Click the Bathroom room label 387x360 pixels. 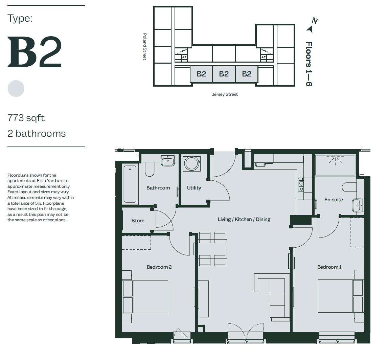pyautogui.click(x=158, y=188)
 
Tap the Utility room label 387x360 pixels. pyautogui.click(x=194, y=188)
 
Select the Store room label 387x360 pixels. pyautogui.click(x=138, y=221)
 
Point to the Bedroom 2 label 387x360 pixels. pyautogui.click(x=159, y=267)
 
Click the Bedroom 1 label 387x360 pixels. pyautogui.click(x=329, y=267)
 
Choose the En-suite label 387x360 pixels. pyautogui.click(x=334, y=200)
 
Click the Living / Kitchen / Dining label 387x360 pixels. pyautogui.click(x=244, y=219)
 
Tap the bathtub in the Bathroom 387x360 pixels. pyautogui.click(x=130, y=184)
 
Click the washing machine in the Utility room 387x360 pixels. pyautogui.click(x=191, y=163)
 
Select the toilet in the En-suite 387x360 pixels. pyautogui.click(x=349, y=187)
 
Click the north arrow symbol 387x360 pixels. pyautogui.click(x=310, y=29)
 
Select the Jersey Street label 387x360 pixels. pyautogui.click(x=225, y=94)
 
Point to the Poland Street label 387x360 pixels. pyautogui.click(x=145, y=47)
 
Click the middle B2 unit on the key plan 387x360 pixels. pyautogui.click(x=224, y=74)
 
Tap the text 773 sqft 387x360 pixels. pyautogui.click(x=26, y=118)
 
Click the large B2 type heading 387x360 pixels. pyautogui.click(x=35, y=52)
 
